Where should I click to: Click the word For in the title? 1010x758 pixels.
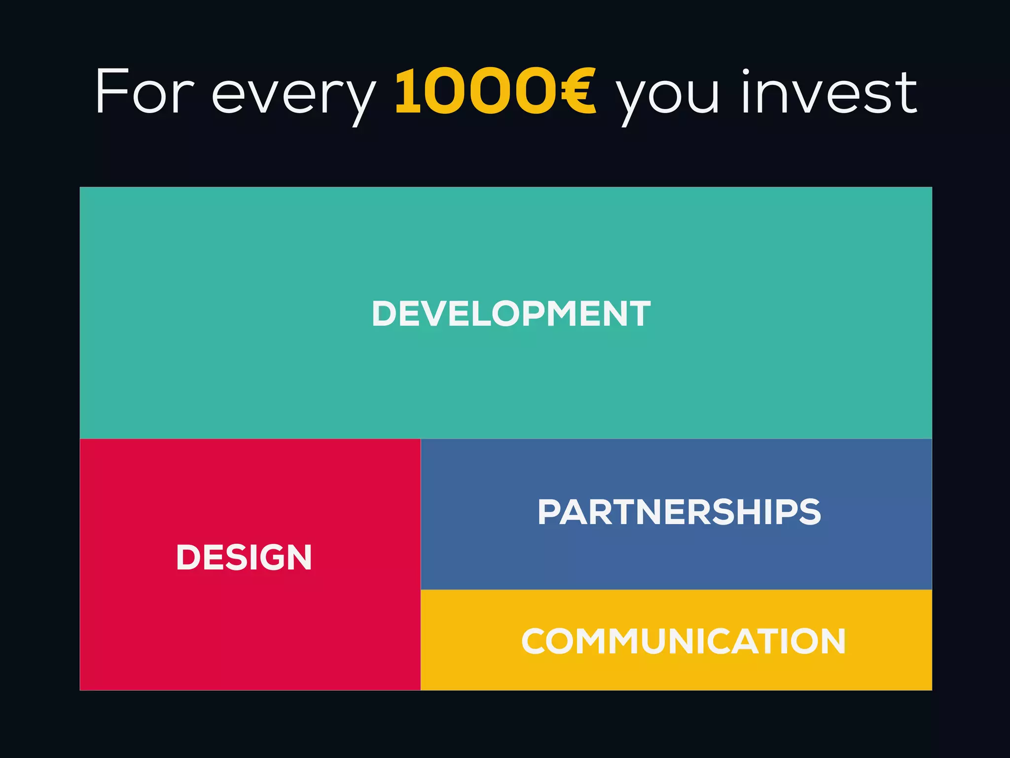point(144,92)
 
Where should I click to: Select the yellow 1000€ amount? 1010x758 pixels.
point(495,92)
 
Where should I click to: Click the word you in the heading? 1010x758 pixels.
point(668,96)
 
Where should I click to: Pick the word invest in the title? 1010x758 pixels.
point(829,92)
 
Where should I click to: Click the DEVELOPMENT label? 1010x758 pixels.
point(511,313)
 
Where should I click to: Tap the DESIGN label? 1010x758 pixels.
point(244,558)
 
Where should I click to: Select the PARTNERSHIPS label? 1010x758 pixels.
point(679,512)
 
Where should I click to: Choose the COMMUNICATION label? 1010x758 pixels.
point(684,642)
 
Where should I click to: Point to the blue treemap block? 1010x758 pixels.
point(676,558)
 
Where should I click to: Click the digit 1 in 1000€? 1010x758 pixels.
point(408,92)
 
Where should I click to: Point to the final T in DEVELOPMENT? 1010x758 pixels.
point(639,313)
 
